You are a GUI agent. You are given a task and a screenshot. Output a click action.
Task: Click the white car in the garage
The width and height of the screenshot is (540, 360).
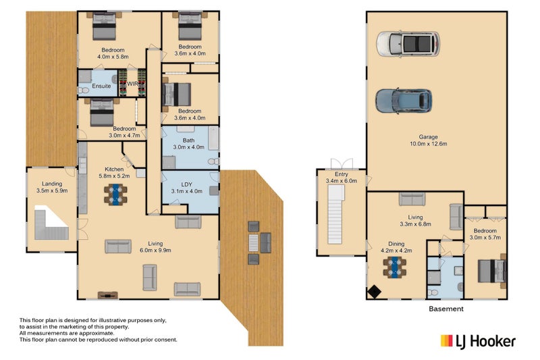pyautogui.click(x=408, y=44)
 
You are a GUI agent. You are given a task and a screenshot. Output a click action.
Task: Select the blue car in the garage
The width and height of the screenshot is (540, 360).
pyautogui.click(x=404, y=101)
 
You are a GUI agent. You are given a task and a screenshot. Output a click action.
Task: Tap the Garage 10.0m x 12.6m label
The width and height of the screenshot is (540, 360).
pyautogui.click(x=429, y=140)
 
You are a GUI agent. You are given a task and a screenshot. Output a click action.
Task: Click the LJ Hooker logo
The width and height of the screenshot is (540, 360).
pyautogui.click(x=478, y=341)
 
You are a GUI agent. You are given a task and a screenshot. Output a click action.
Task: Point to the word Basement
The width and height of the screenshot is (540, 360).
pyautogui.click(x=446, y=309)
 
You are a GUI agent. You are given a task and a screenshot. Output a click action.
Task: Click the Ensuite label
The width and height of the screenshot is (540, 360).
pyautogui.click(x=101, y=86)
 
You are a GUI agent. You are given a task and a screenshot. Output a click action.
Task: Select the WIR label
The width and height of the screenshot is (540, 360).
pyautogui.click(x=132, y=84)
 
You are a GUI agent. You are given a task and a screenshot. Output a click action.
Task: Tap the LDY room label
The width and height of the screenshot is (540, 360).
pyautogui.click(x=187, y=188)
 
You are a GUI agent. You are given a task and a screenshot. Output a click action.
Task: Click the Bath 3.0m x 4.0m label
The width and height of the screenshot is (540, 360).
pyautogui.click(x=189, y=144)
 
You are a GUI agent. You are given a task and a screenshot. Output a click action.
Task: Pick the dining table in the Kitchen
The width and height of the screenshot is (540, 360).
pyautogui.click(x=115, y=195)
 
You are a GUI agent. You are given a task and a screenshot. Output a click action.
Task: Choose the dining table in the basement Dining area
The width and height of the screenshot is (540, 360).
pyautogui.click(x=395, y=267)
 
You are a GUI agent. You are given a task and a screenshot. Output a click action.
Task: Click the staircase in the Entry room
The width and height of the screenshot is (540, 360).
pyautogui.click(x=335, y=214)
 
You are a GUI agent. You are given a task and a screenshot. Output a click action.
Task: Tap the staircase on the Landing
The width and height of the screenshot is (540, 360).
pyautogui.click(x=51, y=224)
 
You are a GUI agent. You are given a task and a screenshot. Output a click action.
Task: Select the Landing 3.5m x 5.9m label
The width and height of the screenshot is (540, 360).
pyautogui.click(x=52, y=187)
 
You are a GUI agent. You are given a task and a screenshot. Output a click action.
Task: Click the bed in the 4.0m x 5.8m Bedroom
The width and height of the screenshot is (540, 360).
pyautogui.click(x=104, y=26)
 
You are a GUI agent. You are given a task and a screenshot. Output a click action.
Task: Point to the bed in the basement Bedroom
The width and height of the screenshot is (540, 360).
pyautogui.click(x=492, y=271)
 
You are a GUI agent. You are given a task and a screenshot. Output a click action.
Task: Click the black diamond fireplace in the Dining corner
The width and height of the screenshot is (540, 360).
pyautogui.click(x=374, y=292)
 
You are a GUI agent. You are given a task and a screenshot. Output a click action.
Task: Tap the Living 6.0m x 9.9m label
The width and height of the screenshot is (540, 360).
pyautogui.click(x=155, y=247)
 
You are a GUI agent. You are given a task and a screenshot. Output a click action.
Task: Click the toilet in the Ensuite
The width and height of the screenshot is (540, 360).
pyautogui.click(x=83, y=91)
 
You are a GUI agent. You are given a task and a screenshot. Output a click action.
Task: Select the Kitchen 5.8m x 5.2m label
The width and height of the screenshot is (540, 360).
pyautogui.click(x=114, y=173)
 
